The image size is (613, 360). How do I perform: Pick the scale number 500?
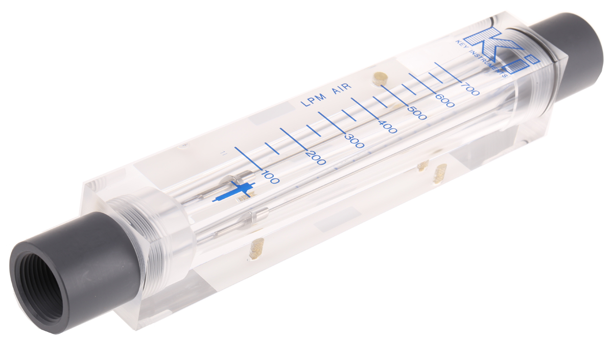point(417,113)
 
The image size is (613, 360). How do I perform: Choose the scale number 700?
point(469,89)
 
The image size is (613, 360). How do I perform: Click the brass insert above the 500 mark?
point(379,78)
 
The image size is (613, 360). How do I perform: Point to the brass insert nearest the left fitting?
point(255,249)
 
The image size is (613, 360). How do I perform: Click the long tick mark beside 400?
point(366,109)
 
